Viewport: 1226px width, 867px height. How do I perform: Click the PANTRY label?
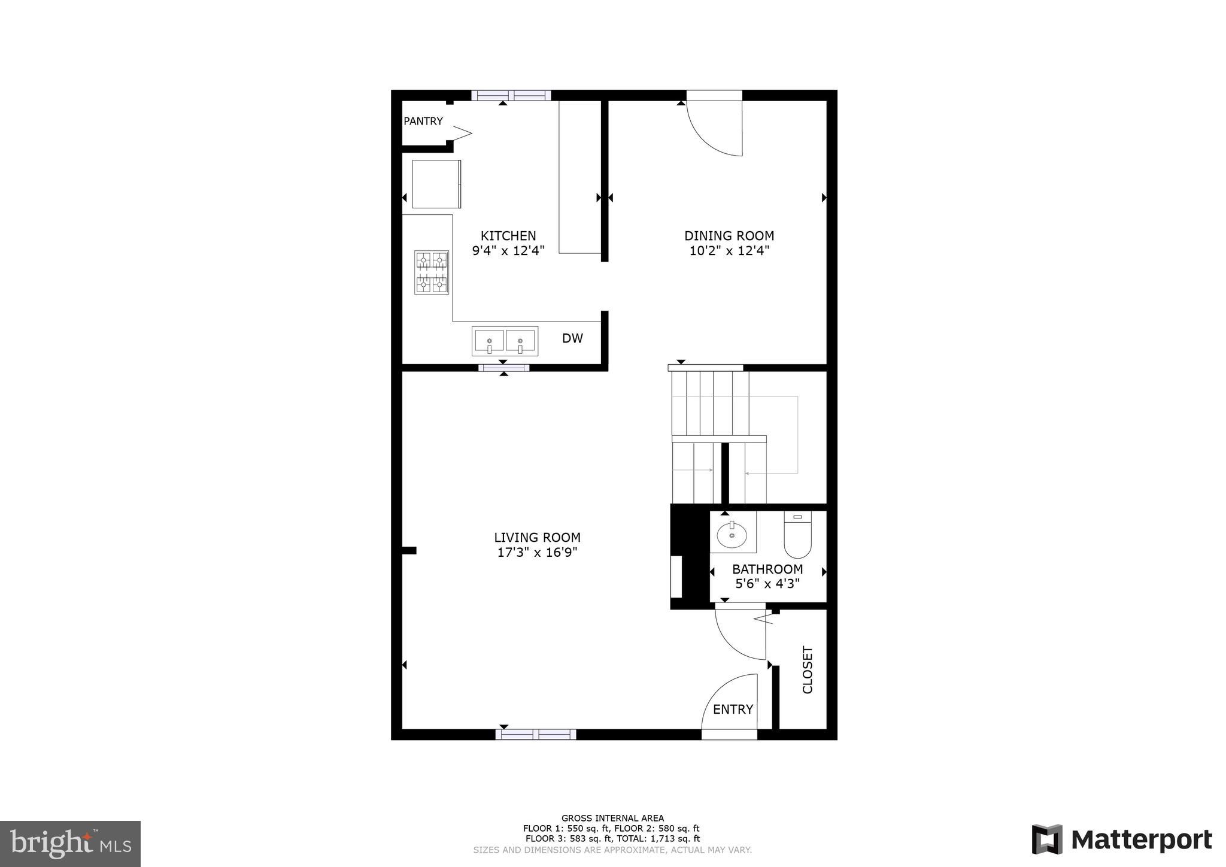pos(423,121)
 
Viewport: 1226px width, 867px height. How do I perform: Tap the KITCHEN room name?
pos(508,236)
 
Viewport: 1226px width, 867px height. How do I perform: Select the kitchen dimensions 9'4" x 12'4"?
pos(508,251)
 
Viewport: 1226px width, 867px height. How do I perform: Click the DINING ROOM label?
pos(729,236)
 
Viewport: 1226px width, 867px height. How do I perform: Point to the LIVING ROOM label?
pos(537,538)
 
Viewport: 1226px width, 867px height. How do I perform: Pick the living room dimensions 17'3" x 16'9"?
pos(537,553)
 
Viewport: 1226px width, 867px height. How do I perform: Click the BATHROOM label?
pos(767,569)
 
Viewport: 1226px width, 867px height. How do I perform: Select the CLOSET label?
pos(808,669)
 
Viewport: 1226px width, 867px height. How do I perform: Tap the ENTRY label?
pos(733,710)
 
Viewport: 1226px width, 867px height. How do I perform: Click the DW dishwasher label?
pos(572,338)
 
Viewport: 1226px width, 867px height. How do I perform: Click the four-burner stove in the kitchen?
pos(432,272)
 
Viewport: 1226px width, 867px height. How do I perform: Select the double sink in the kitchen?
pos(505,341)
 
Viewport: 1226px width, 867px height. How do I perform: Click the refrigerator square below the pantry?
pos(436,184)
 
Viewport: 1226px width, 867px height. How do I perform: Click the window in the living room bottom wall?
pos(536,734)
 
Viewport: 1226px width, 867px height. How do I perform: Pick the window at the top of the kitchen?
pos(511,95)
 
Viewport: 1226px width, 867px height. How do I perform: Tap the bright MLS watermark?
pos(70,844)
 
